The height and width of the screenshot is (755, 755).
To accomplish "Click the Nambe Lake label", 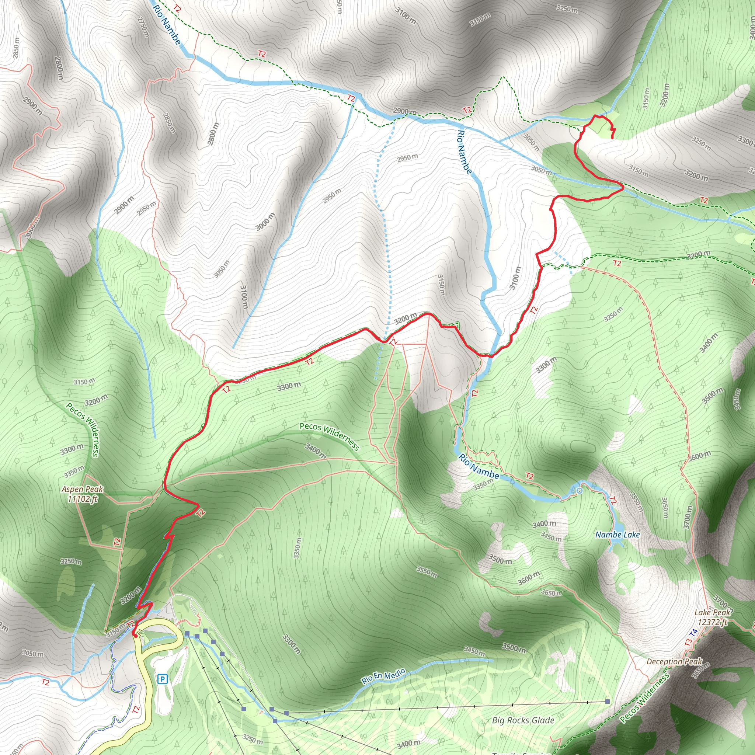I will [617, 535].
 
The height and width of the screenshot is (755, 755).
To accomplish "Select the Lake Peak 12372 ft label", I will [712, 617].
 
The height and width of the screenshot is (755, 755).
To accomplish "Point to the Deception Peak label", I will [675, 661].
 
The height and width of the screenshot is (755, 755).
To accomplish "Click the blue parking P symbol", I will [162, 679].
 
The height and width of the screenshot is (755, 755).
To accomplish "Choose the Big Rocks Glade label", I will [523, 709].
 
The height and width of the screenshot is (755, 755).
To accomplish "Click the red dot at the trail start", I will [135, 636].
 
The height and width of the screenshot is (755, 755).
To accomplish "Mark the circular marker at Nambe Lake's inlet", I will [580, 490].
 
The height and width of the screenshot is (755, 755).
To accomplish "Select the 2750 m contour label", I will [143, 27].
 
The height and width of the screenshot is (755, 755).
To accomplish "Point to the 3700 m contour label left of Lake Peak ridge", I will [688, 517].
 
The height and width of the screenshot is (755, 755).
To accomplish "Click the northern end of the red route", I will [612, 138].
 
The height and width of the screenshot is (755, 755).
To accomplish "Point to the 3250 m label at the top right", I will [567, 8].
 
